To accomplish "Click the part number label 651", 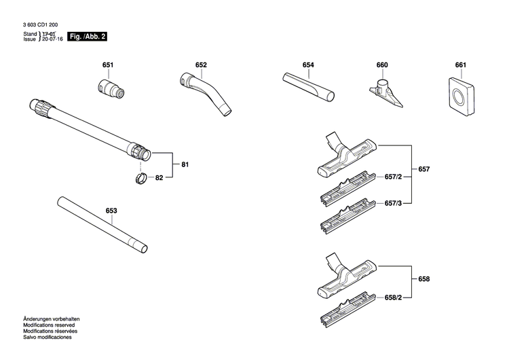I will point(108,65).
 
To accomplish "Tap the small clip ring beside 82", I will point(138,179).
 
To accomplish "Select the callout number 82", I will point(159,177).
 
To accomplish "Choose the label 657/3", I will point(394,203).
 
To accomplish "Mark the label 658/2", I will point(394,298).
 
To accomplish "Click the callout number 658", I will point(424,279).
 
